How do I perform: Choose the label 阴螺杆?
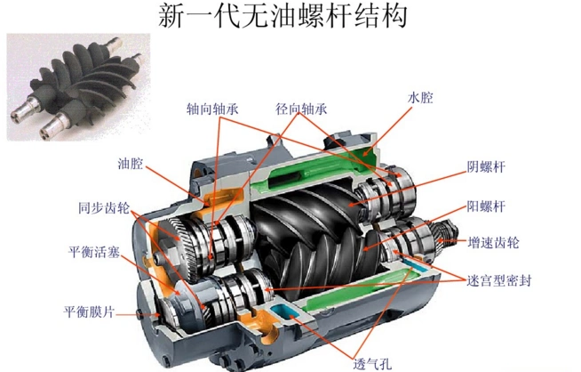pos(486,166)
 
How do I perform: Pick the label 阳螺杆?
pos(486,206)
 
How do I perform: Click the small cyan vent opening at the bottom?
pos(286,311)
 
